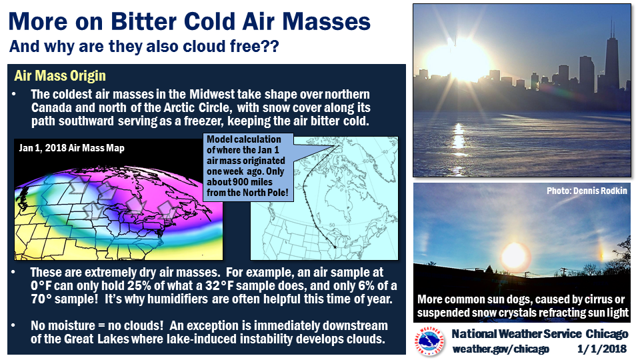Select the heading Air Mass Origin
[60, 76]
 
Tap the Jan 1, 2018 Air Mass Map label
[71, 148]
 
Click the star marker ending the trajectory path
[335, 247]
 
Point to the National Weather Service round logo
[429, 341]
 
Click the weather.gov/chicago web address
[501, 349]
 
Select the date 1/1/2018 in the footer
[601, 349]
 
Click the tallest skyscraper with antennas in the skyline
[611, 57]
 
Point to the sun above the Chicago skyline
[459, 60]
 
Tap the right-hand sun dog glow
[601, 251]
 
